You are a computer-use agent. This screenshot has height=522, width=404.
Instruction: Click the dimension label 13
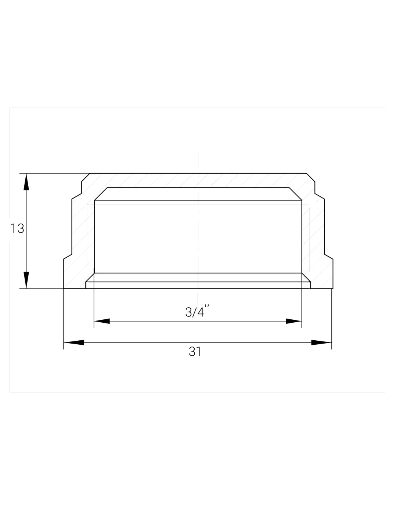[17, 228]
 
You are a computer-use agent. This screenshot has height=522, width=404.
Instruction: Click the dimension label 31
[195, 352]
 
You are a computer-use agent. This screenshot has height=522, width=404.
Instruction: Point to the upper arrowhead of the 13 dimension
[26, 182]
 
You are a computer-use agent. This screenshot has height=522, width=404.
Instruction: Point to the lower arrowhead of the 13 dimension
[26, 280]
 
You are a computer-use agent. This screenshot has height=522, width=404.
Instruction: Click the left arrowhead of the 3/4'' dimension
[102, 321]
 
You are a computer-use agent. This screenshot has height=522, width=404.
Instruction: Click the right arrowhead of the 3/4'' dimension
[294, 321]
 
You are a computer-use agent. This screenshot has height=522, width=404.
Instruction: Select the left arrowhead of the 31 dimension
[74, 342]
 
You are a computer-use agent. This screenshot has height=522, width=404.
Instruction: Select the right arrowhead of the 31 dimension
[321, 342]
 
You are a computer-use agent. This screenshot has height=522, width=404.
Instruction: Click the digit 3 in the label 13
[21, 228]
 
